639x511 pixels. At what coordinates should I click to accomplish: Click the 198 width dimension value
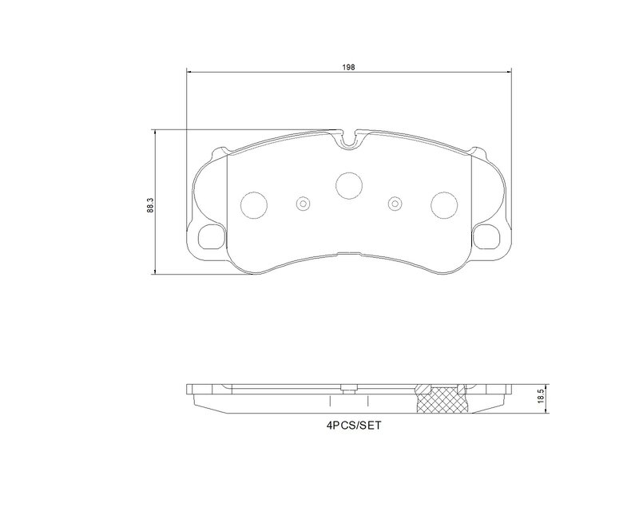click(x=349, y=66)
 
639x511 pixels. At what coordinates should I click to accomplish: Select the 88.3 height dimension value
click(x=149, y=204)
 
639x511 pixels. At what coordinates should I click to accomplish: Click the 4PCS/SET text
click(x=350, y=426)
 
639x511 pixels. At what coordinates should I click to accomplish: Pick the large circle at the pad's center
click(x=348, y=185)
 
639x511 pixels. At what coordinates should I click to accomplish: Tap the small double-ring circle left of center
click(x=303, y=204)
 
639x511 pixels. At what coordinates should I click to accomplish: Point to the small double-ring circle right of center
click(x=394, y=204)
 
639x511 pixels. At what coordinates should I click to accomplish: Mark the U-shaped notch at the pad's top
click(x=348, y=139)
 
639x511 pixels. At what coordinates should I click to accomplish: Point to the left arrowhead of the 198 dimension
click(x=189, y=73)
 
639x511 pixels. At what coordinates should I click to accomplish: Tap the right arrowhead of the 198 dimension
click(x=508, y=73)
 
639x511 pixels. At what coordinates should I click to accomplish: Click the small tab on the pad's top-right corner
click(x=479, y=150)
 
